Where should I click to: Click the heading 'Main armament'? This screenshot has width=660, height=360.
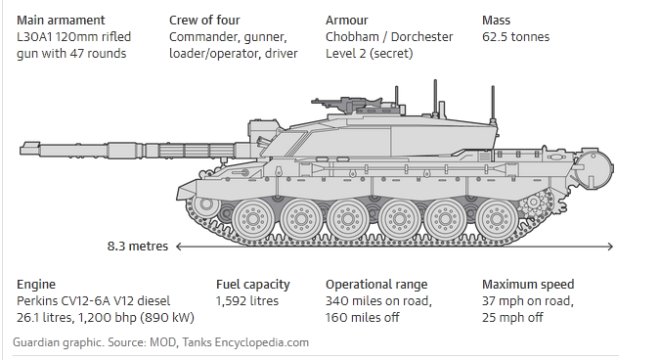click(x=61, y=21)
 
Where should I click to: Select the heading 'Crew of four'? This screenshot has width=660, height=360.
click(x=204, y=21)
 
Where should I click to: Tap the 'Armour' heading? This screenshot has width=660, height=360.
click(x=346, y=21)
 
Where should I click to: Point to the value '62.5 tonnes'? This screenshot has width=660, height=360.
click(x=515, y=37)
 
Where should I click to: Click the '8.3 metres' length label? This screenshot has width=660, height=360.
click(x=138, y=246)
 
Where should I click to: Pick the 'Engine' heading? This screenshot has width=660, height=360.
click(x=36, y=285)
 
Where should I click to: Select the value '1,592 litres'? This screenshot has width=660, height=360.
click(x=247, y=301)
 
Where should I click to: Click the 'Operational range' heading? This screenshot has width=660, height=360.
click(x=376, y=285)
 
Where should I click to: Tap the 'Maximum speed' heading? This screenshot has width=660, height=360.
click(x=528, y=285)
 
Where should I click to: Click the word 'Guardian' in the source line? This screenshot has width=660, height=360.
click(x=36, y=342)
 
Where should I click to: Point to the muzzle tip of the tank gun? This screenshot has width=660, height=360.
click(x=22, y=149)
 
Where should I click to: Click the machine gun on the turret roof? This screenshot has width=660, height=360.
click(x=345, y=103)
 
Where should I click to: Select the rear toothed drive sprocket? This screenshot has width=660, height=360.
click(x=534, y=202)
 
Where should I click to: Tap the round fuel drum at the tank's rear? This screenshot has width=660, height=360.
click(x=594, y=170)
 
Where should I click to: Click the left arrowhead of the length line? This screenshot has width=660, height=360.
click(x=179, y=247)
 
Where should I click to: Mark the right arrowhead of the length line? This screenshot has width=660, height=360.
click(x=611, y=247)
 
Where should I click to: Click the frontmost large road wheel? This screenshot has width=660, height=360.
click(x=252, y=219)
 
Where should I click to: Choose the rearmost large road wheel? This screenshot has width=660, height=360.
click(x=497, y=219)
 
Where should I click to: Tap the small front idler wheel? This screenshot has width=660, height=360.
click(x=206, y=204)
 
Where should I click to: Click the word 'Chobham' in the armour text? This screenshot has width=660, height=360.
click(x=352, y=37)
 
